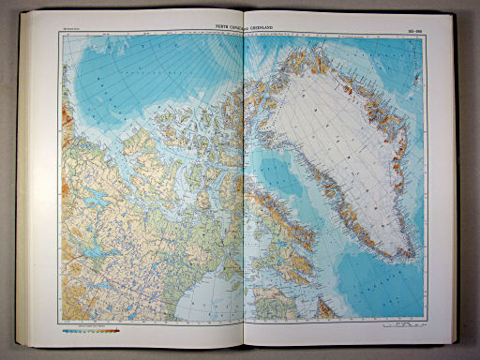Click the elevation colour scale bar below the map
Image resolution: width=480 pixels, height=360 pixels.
pos(92,330)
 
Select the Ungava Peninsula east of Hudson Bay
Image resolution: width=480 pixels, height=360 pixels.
pos(272,300)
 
